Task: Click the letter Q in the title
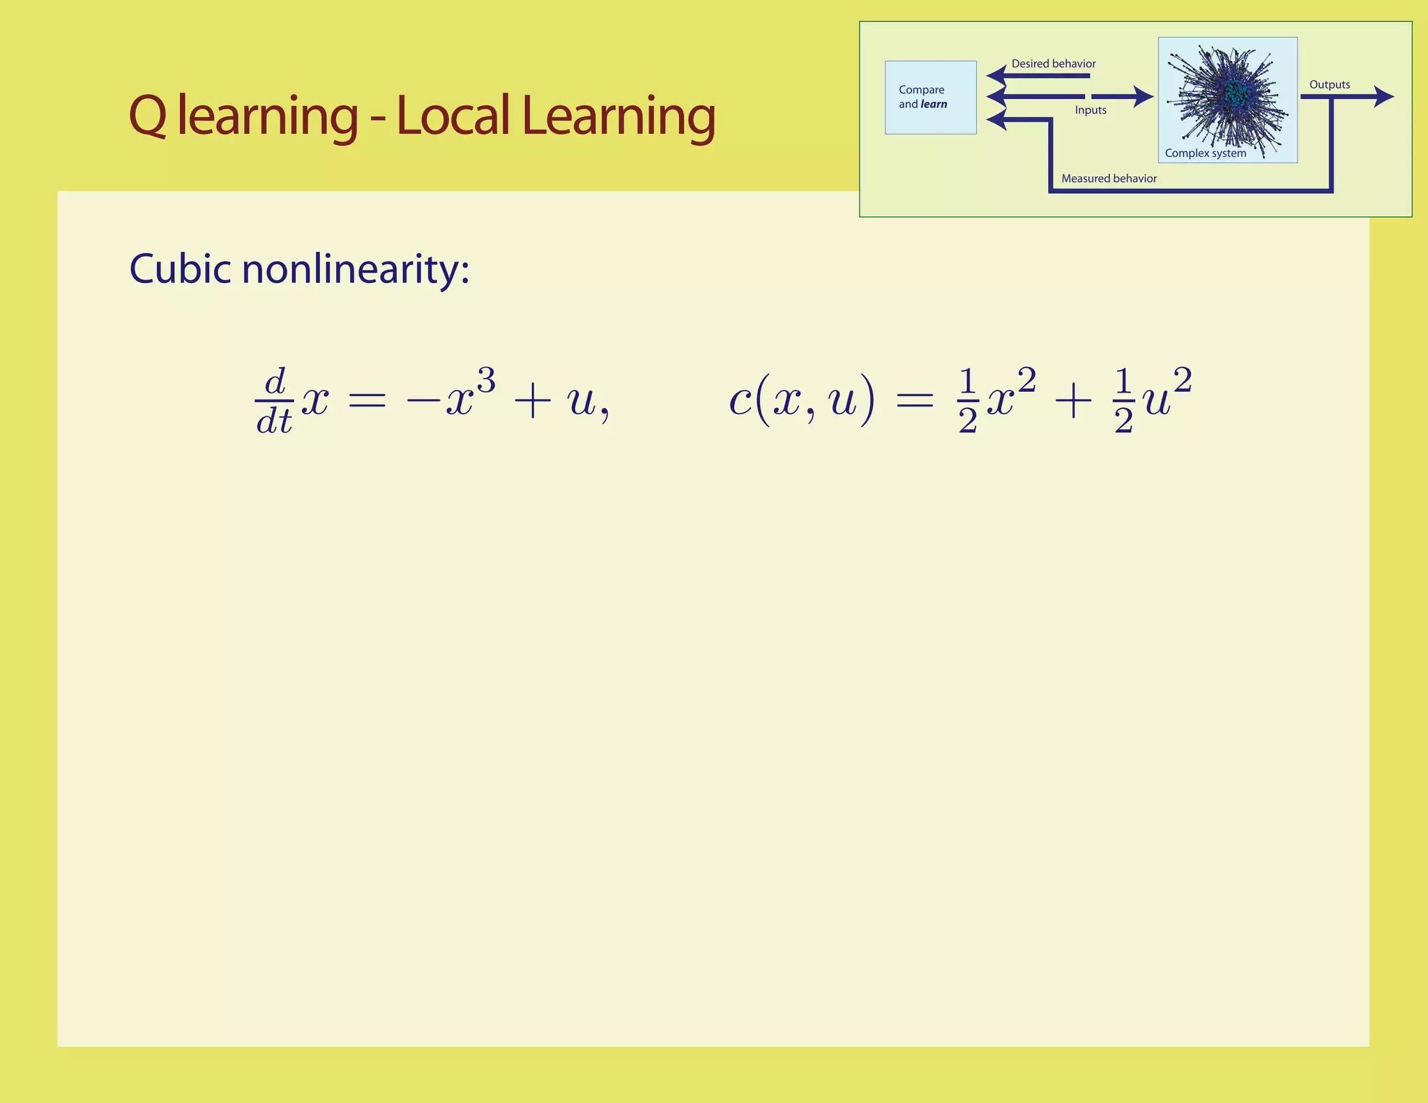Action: [147, 116]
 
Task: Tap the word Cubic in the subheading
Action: [180, 269]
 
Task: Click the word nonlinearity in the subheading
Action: [355, 271]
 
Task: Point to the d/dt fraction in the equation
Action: [274, 402]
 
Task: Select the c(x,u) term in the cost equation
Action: [800, 402]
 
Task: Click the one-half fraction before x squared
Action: [967, 402]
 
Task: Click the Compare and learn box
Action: [930, 98]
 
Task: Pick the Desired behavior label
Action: [1053, 64]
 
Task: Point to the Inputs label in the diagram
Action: [1091, 110]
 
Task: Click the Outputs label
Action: [1329, 85]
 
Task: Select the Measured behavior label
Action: [1109, 178]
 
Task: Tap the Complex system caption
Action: [1205, 153]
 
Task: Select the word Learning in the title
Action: [618, 116]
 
